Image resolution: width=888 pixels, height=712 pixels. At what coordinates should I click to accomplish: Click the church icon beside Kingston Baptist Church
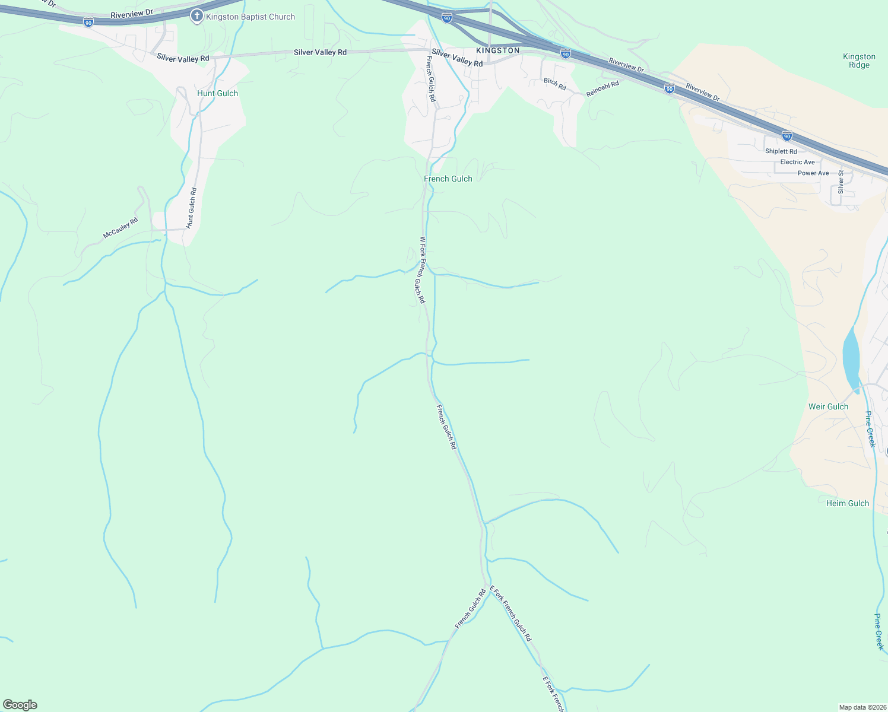point(196,16)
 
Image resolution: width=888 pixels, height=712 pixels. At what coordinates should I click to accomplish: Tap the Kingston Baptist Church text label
point(250,17)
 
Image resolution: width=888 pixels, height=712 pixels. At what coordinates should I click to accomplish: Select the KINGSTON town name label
point(497,50)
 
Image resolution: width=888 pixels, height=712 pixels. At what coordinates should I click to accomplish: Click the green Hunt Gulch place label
point(217,93)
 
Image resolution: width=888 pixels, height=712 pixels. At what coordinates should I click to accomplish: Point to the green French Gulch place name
point(448,179)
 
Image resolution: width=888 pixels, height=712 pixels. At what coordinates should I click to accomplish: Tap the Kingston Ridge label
point(859,61)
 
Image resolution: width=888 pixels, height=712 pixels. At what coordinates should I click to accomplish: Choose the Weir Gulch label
point(828,406)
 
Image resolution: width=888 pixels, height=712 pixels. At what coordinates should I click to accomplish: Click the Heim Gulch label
point(848,503)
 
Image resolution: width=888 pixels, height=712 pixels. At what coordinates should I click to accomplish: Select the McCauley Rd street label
point(120,228)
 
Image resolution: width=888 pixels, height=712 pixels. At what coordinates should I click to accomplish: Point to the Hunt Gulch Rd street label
point(191,208)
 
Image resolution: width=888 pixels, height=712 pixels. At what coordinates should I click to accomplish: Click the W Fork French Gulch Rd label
point(422,270)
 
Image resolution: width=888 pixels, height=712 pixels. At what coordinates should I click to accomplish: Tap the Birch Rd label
point(555,84)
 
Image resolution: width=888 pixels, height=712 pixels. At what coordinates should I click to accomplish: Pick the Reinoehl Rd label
point(602,89)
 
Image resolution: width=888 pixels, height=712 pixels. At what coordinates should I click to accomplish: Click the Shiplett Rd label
point(781,151)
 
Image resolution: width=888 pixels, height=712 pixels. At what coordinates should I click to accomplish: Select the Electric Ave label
point(797,162)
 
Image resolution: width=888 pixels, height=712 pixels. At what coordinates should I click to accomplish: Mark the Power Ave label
point(813,173)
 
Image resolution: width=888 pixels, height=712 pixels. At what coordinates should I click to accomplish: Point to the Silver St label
point(841,182)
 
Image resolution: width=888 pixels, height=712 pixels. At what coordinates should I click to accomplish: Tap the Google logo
point(20,705)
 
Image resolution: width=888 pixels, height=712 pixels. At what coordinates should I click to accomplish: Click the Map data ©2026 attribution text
point(862,707)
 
